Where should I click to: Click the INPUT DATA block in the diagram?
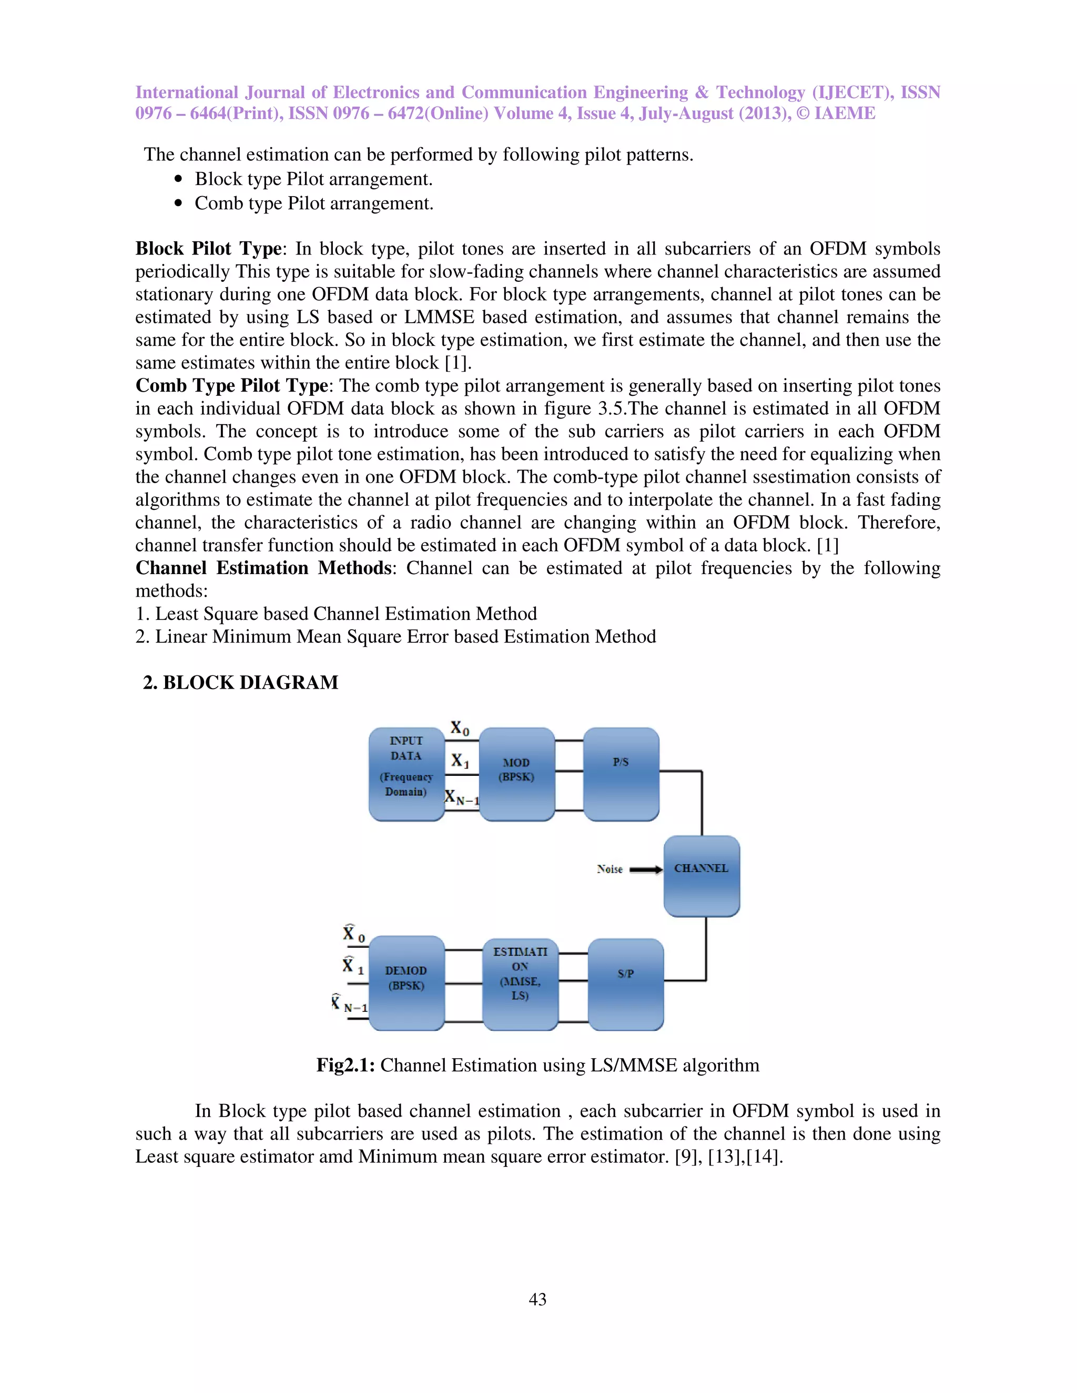pyautogui.click(x=407, y=774)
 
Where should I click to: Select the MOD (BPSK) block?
pyautogui.click(x=516, y=774)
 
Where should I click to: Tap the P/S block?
pyautogui.click(x=621, y=774)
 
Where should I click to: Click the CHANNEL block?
pyautogui.click(x=701, y=875)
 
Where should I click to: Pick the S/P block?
pyautogui.click(x=625, y=984)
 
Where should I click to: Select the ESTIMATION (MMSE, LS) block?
pyautogui.click(x=520, y=984)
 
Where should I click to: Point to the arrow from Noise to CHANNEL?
pyautogui.click(x=646, y=869)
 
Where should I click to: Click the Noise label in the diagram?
pyautogui.click(x=609, y=869)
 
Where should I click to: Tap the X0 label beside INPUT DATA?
pyautogui.click(x=460, y=729)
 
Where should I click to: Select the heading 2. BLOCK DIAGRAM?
pyautogui.click(x=240, y=682)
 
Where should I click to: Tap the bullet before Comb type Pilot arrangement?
pyautogui.click(x=179, y=203)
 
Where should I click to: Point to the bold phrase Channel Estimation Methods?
pyautogui.click(x=263, y=568)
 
